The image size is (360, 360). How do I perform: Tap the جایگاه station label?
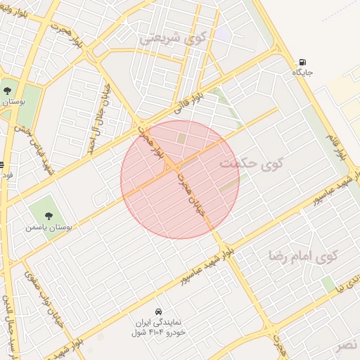tap(302, 72)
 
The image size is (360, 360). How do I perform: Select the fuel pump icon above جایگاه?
tap(302, 62)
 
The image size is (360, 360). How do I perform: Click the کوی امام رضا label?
tap(303, 255)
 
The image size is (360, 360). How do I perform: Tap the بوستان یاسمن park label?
tap(45, 228)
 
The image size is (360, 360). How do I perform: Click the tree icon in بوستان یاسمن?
tap(48, 217)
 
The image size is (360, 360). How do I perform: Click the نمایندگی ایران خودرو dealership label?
tap(161, 326)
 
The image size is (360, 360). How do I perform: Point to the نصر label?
tap(345, 345)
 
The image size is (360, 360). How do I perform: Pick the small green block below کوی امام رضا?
tap(328, 284)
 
